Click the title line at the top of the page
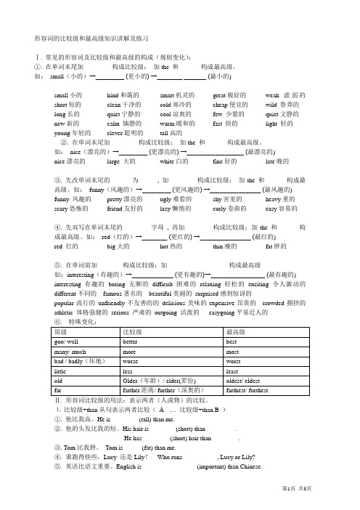point(91,36)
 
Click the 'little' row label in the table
point(61,370)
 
